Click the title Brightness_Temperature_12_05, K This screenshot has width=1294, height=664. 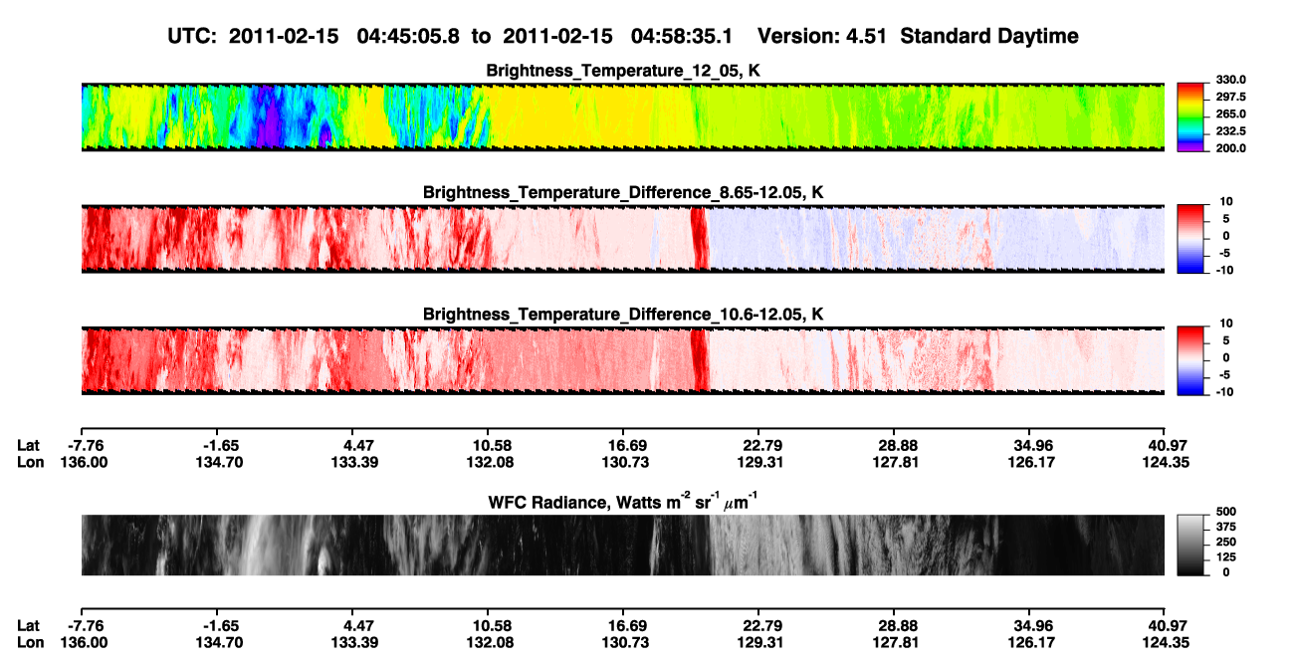(623, 71)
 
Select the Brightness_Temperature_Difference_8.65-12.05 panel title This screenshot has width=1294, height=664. (623, 192)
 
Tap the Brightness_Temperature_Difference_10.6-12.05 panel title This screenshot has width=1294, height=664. (623, 315)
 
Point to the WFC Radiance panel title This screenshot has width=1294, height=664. (623, 502)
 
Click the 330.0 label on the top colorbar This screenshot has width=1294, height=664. (1230, 80)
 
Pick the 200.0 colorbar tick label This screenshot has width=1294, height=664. (1230, 148)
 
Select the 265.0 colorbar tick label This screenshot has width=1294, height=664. (1230, 113)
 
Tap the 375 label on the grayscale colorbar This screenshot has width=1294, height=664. (1226, 527)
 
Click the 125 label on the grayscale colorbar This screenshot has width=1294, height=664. (1226, 557)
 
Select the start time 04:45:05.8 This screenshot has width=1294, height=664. (408, 37)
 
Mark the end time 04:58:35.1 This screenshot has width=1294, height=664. (681, 37)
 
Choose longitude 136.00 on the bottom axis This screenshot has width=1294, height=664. (84, 643)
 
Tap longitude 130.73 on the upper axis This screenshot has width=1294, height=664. (625, 462)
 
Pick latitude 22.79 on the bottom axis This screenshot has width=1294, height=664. (761, 626)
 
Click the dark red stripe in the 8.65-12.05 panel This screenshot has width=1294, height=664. (700, 238)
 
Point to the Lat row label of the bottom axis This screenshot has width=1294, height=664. (28, 626)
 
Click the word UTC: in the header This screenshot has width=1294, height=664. (192, 37)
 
